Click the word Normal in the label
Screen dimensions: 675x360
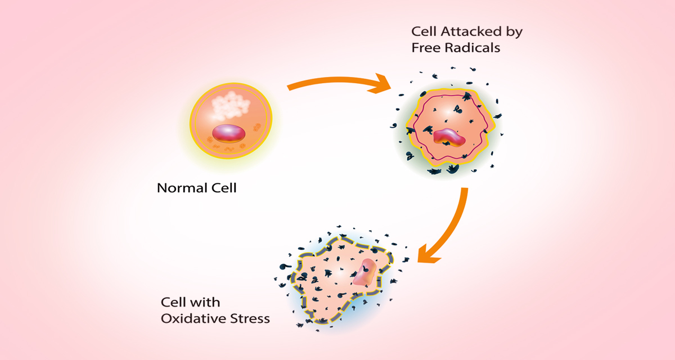pos(182,188)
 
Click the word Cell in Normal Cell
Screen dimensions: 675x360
pos(224,188)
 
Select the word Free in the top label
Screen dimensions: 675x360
pos(425,48)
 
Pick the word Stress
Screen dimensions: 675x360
pos(250,318)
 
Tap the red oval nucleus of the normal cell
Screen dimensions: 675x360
pos(229,133)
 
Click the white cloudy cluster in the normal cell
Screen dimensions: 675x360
pos(231,106)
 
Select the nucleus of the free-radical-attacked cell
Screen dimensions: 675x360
pos(449,137)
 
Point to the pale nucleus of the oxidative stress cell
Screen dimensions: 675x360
pos(365,272)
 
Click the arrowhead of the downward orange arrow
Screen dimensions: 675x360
pos(427,255)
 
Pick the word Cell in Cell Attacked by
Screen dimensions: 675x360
pos(424,31)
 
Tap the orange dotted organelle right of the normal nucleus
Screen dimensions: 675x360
pos(257,127)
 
